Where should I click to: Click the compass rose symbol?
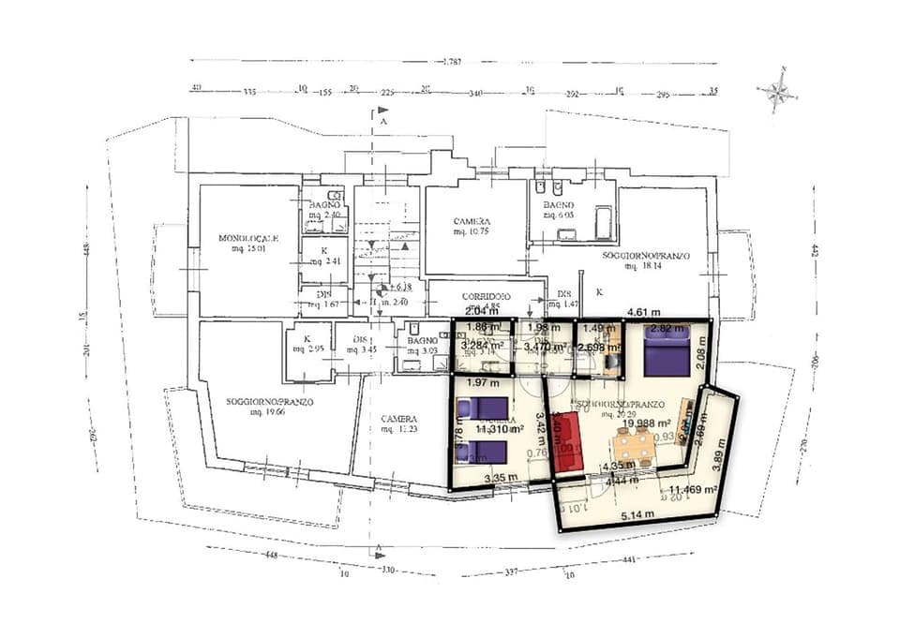(x=777, y=91)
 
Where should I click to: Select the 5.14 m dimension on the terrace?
(x=637, y=514)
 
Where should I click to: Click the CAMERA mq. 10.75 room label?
(x=473, y=225)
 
